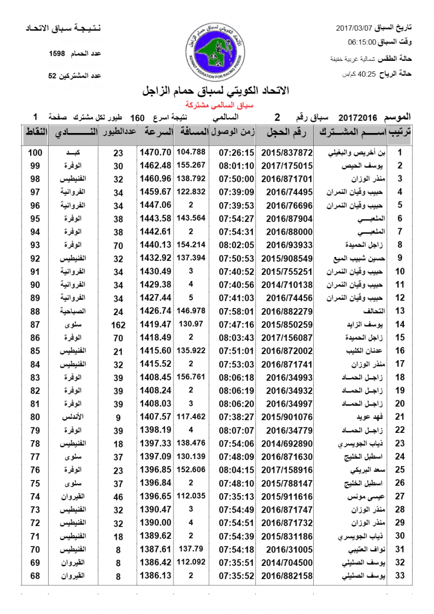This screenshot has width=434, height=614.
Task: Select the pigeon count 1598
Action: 57,54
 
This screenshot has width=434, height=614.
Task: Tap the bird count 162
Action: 118,324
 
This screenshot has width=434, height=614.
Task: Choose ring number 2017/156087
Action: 287,337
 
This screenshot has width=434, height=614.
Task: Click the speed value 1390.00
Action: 155,523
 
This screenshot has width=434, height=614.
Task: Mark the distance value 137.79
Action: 191,549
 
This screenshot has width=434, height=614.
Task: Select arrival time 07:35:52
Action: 236,576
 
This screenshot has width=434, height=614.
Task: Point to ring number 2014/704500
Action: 287,562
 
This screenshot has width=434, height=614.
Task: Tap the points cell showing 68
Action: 35,576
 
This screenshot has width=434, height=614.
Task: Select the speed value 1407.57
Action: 155,416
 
